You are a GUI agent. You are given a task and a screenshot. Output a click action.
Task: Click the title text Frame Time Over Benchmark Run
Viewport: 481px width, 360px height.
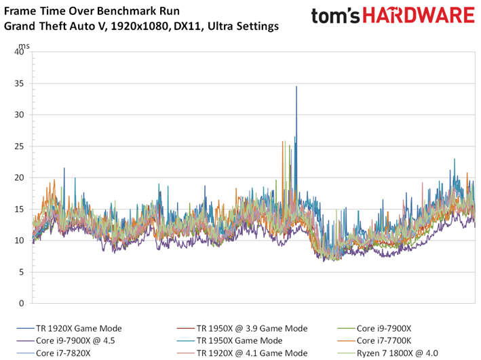87,12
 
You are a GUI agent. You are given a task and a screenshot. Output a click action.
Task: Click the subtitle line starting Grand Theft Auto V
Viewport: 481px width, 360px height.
141,27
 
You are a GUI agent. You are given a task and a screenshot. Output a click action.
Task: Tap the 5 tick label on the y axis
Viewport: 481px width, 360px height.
23,272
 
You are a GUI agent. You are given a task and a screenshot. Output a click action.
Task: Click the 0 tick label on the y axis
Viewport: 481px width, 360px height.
23,303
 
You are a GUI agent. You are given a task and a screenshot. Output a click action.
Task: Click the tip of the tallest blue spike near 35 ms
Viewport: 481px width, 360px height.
296,87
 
